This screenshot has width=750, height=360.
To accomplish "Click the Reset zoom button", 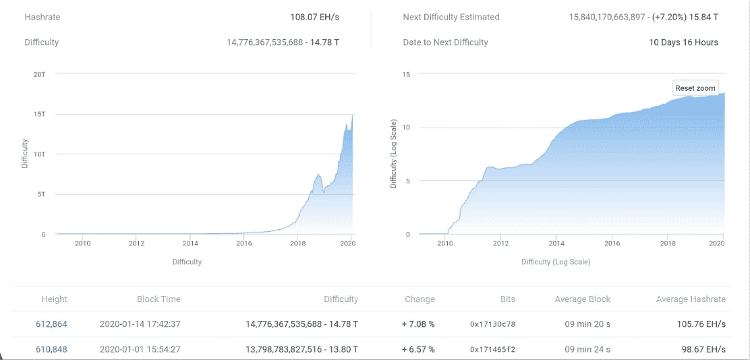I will pyautogui.click(x=695, y=88).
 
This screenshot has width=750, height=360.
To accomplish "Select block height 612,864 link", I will pyautogui.click(x=51, y=324).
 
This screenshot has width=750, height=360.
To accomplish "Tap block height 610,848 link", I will pyautogui.click(x=51, y=349).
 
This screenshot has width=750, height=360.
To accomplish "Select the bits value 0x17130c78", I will pyautogui.click(x=492, y=324).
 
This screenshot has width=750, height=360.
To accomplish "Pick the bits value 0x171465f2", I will pyautogui.click(x=492, y=349).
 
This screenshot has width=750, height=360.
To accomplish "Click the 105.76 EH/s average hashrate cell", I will pyautogui.click(x=701, y=324).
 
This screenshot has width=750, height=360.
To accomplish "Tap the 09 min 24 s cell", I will pyautogui.click(x=587, y=349).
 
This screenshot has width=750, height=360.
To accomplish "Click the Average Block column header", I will pyautogui.click(x=582, y=299).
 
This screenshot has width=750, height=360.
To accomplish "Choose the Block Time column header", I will pyautogui.click(x=158, y=299).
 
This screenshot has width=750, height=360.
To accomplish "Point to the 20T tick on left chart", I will pyautogui.click(x=39, y=73).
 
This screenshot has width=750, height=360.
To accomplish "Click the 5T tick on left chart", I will pyautogui.click(x=40, y=194).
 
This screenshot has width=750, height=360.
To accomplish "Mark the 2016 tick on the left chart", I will pyautogui.click(x=244, y=243).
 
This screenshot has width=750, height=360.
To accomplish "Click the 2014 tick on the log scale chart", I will pyautogui.click(x=556, y=243).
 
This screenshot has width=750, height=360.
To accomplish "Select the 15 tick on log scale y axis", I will pyautogui.click(x=406, y=73).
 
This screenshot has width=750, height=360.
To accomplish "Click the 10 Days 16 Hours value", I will pyautogui.click(x=683, y=42).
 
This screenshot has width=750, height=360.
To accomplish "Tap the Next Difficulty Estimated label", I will pyautogui.click(x=451, y=17).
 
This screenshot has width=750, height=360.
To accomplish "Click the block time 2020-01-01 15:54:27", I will pyautogui.click(x=140, y=349).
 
